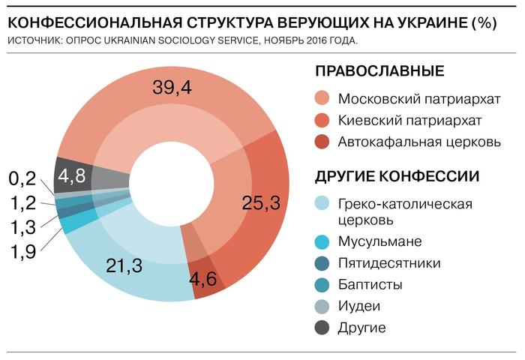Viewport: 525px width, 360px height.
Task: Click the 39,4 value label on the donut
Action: coord(172,88)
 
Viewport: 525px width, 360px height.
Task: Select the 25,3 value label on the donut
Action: coord(262,202)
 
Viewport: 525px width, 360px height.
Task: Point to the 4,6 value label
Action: coord(205,280)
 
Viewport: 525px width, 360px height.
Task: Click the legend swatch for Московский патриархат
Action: coord(322,99)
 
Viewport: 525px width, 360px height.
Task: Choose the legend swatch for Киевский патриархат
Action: coord(322,120)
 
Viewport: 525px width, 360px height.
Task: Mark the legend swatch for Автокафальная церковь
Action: coord(322,142)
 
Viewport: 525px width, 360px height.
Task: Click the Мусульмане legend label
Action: coord(379,241)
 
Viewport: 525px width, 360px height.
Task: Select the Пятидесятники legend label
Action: coord(388,262)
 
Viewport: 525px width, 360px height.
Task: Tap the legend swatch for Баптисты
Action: coord(322,284)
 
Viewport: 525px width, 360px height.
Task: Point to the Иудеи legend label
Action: coord(359,306)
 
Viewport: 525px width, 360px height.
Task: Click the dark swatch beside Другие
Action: coord(322,328)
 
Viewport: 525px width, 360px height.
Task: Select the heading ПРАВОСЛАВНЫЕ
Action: coord(379,71)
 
